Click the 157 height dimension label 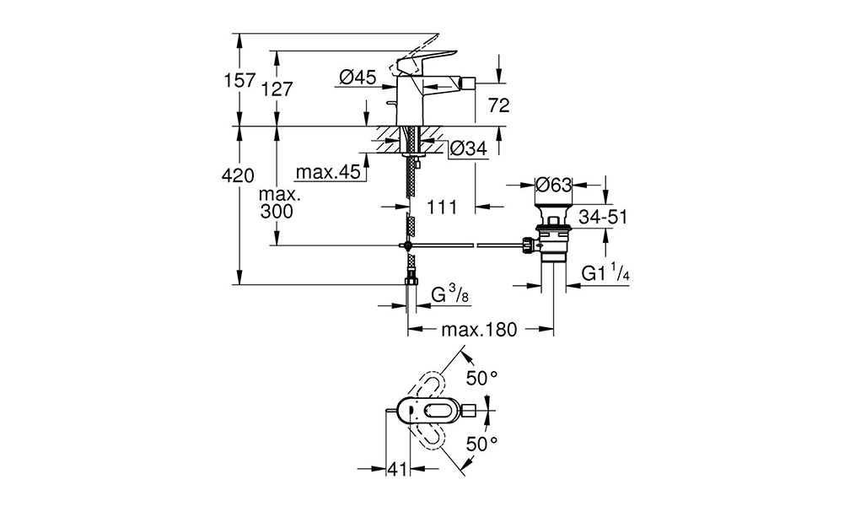[240, 80]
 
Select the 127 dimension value [277, 89]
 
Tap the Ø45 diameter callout [358, 78]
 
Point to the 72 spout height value [498, 105]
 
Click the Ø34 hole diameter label [469, 148]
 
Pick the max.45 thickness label [328, 172]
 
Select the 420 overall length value [239, 175]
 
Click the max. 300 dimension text [277, 203]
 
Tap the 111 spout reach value [442, 207]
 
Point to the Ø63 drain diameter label [553, 185]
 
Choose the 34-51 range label [603, 217]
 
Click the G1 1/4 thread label [605, 272]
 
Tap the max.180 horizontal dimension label [479, 330]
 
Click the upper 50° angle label [481, 378]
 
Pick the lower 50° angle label [481, 444]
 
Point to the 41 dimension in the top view [397, 468]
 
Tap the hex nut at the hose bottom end [410, 281]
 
